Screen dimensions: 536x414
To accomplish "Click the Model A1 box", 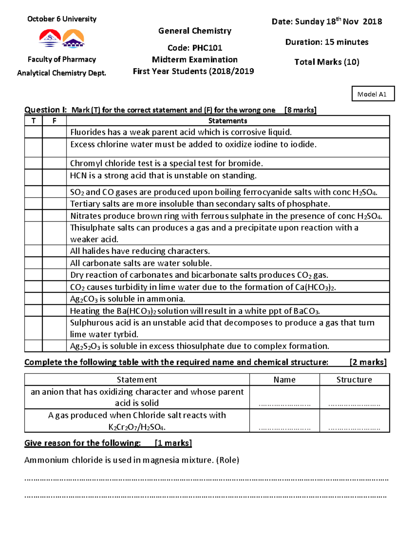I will [x=373, y=94].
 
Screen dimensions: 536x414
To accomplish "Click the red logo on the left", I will [x=50, y=38].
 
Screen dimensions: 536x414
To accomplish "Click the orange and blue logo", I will [x=73, y=38].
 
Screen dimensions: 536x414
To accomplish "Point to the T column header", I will [x=33, y=120].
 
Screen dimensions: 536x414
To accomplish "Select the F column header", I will [x=54, y=120].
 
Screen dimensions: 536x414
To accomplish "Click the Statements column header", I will [x=228, y=120].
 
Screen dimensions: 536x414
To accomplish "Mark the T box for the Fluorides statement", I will [x=33, y=132].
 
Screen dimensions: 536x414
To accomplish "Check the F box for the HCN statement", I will [x=54, y=177].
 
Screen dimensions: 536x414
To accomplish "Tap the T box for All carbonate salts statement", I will [x=33, y=263].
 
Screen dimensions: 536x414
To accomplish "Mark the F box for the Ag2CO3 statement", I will [x=54, y=299].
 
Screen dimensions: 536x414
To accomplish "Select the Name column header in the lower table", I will [x=284, y=380].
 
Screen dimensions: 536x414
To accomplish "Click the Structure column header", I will [x=354, y=380].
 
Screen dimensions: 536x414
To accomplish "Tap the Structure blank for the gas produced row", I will [x=354, y=428].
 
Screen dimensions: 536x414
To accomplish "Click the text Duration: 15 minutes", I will [x=327, y=42].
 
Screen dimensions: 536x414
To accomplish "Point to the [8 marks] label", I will [x=300, y=110].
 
